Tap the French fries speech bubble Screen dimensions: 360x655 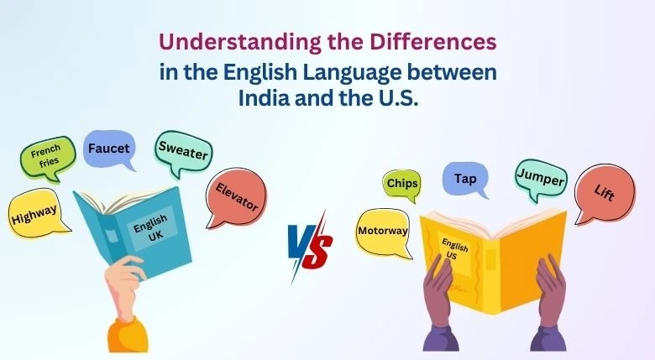[x=46, y=157]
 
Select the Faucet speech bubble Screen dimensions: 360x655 [x=108, y=149]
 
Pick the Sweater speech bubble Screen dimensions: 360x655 [x=182, y=151]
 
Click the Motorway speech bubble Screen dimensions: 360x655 [x=383, y=230]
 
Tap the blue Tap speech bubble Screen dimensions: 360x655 [x=464, y=178]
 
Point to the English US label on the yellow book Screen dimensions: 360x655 [x=456, y=246]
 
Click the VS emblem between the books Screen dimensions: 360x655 [x=310, y=244]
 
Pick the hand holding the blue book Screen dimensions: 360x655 [x=128, y=281]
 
